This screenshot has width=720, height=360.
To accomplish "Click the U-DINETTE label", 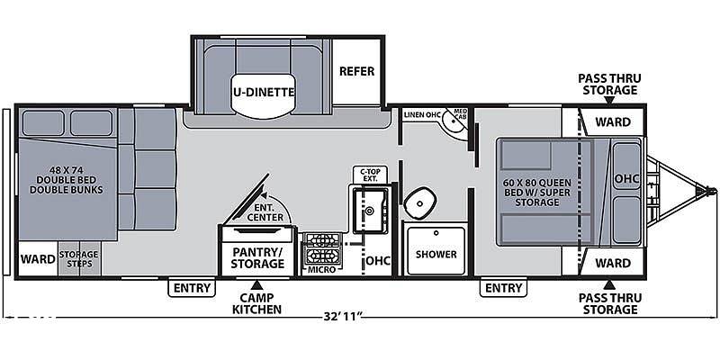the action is point(263,92).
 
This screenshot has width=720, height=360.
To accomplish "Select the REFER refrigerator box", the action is point(356,72).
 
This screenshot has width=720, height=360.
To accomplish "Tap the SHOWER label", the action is point(436,254).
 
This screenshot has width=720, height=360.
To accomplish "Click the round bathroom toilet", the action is point(419,201).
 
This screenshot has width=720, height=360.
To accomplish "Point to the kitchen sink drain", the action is point(369,211).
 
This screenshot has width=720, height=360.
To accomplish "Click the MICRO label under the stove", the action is point(321,269).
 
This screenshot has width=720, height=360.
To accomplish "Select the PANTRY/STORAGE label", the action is point(257,257).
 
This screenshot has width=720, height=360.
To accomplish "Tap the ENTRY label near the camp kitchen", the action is point(192,288).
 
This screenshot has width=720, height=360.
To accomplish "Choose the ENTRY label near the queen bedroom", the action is point(504,288).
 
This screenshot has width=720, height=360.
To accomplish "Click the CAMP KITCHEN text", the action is point(256,303).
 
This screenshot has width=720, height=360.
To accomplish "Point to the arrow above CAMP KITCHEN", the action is point(256,284).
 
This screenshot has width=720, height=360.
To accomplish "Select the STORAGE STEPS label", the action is point(78,259).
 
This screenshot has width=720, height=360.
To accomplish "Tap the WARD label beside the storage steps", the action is point(38,259).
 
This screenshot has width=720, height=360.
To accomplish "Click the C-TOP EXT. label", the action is point(370,173).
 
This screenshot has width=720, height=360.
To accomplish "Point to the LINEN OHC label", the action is point(423,114).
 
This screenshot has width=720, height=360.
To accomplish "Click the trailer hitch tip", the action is point(713,190).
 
